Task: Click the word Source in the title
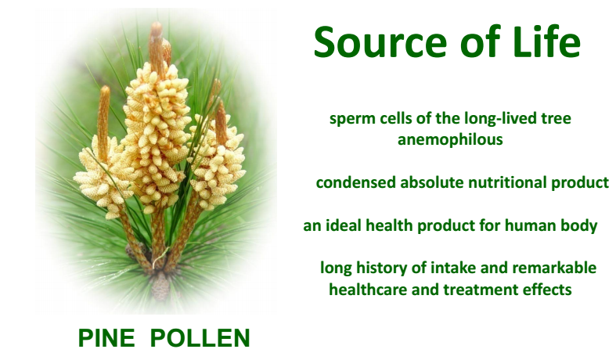pyautogui.click(x=380, y=42)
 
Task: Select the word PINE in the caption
pyautogui.click(x=106, y=337)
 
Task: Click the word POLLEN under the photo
pyautogui.click(x=200, y=337)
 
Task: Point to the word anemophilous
pyautogui.click(x=450, y=140)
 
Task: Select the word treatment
pyautogui.click(x=479, y=290)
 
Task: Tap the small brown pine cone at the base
pyautogui.click(x=160, y=285)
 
